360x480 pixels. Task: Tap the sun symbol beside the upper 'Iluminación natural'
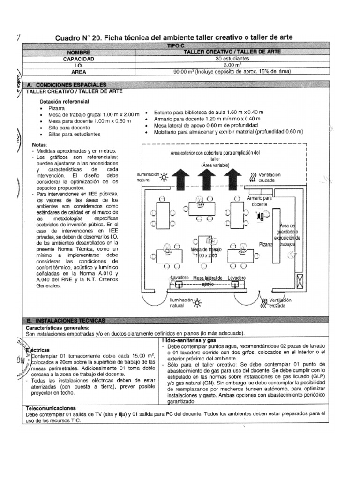(164, 177)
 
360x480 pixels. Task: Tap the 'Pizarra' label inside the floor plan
(266, 244)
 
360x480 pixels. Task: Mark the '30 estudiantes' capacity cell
(232, 59)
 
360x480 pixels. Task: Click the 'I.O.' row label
(78, 66)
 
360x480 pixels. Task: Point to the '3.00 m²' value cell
(232, 66)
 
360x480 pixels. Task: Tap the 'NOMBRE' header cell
(78, 52)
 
